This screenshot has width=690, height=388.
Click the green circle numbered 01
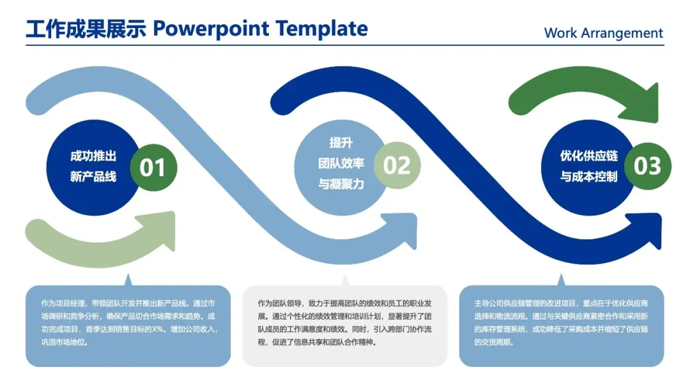point(153,167)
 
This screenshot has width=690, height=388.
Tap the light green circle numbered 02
point(397,166)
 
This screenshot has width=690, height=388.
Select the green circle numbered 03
point(647,166)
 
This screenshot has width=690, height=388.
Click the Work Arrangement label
point(603,33)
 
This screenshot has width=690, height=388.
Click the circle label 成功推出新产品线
point(93,167)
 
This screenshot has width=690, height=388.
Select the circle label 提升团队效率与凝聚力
point(341,163)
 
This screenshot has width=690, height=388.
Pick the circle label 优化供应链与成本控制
point(589,166)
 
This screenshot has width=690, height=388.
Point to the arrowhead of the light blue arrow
point(403,232)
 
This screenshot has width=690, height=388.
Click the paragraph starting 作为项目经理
point(128,322)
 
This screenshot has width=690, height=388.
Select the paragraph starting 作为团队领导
point(345,322)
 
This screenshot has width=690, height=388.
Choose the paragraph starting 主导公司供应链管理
point(561,322)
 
